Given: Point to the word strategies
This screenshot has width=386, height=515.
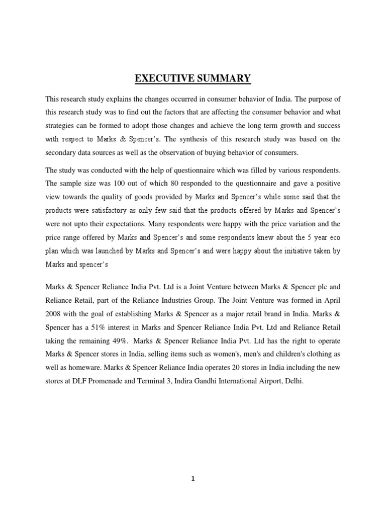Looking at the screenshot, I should coord(61,125).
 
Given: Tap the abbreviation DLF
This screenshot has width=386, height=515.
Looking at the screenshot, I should coord(81,381).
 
